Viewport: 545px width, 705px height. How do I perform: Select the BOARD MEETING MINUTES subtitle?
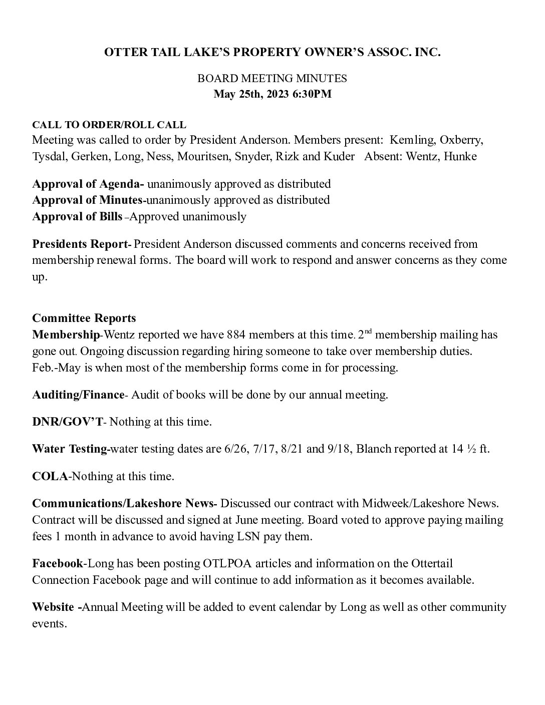click(x=272, y=79)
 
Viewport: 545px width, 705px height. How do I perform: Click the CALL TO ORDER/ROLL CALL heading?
click(x=109, y=125)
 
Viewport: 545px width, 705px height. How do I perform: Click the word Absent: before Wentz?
click(x=382, y=156)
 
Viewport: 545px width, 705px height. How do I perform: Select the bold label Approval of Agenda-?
click(x=88, y=184)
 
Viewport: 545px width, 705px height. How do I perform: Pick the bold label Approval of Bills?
click(x=77, y=216)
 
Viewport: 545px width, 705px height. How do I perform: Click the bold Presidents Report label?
click(x=81, y=244)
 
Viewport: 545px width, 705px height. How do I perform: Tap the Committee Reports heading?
click(x=84, y=318)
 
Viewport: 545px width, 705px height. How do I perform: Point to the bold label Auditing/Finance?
click(x=78, y=395)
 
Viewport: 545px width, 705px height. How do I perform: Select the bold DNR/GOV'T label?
click(x=67, y=422)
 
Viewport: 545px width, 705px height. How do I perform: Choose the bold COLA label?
click(x=50, y=476)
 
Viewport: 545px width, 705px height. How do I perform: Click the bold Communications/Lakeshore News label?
click(x=124, y=503)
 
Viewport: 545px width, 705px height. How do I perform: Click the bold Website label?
click(x=53, y=607)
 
